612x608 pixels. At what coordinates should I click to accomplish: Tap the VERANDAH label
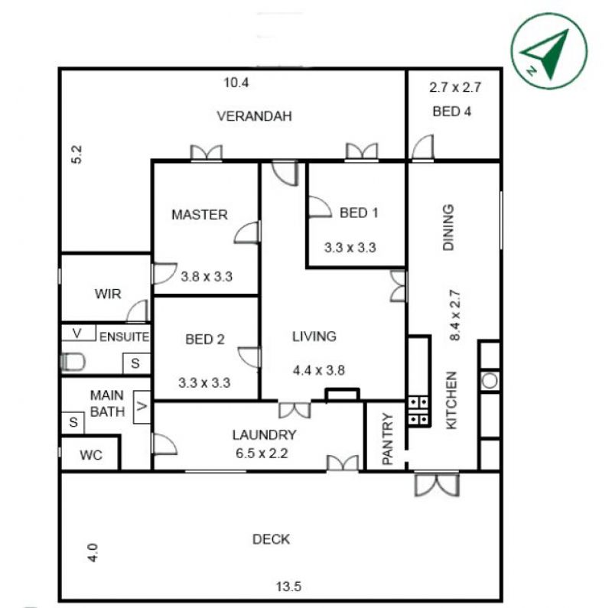coord(254,116)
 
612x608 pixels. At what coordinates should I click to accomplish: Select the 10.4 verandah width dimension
coord(236,83)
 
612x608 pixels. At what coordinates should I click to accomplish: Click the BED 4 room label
coord(451,112)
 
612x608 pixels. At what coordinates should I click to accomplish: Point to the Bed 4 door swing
coord(423,147)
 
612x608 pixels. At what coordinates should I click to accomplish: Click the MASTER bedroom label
coord(200,214)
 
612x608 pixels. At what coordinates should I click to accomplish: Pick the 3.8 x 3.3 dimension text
coord(207,277)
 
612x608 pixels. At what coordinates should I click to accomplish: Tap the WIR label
coord(108,294)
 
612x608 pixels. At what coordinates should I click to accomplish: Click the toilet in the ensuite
coord(73,363)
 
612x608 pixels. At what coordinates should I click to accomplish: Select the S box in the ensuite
coord(136,363)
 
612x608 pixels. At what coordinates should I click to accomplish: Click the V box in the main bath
coord(142,407)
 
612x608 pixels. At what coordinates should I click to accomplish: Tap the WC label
coord(91,455)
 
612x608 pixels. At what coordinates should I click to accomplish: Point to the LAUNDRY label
coord(264,434)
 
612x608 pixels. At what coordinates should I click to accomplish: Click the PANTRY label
coord(387,439)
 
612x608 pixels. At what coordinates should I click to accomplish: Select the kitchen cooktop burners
coord(418,411)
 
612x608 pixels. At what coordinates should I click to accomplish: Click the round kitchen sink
coord(490,380)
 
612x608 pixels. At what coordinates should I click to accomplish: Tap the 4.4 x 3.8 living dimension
coord(319,370)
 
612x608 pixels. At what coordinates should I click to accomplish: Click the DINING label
coord(448,227)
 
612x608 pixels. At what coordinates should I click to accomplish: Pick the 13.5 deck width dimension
coord(288,587)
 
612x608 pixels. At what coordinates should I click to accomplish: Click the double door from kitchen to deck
coord(437,485)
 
